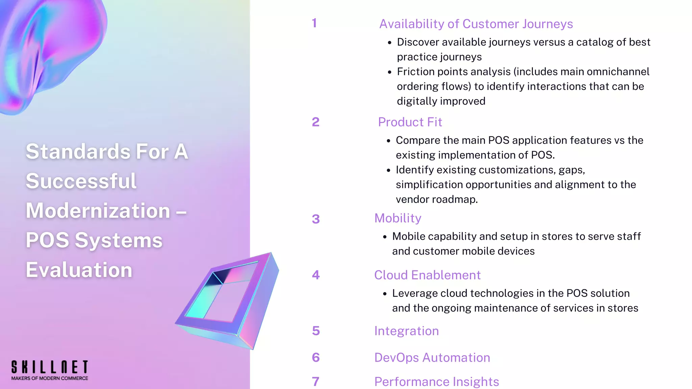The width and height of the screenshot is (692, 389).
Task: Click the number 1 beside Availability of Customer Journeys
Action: coord(314,23)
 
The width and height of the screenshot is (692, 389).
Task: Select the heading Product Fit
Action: coord(410,122)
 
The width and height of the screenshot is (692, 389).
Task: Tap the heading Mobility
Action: coord(398,218)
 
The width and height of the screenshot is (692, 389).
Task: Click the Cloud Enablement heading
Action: coord(427,275)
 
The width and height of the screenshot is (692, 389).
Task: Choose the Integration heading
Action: coord(406,331)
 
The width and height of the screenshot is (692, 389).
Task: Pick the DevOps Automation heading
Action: coord(432,358)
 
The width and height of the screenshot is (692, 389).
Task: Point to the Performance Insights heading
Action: coord(437,382)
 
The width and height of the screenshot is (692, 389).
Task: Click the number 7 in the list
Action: coord(316,382)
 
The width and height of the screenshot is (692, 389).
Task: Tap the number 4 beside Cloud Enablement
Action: coord(316,275)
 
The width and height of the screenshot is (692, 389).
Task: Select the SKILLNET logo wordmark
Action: coord(50,367)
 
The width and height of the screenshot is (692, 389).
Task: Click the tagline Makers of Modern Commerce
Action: coord(50,379)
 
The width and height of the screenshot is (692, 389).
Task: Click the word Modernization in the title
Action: coord(98,211)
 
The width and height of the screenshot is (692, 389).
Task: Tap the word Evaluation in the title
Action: coord(79,270)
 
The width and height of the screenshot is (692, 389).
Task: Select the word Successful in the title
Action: coord(81,181)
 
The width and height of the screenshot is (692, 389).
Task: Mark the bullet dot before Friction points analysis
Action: coord(390,72)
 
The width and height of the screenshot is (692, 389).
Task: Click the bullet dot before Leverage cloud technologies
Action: coord(385,294)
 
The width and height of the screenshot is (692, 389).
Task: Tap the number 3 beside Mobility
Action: coord(316,219)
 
